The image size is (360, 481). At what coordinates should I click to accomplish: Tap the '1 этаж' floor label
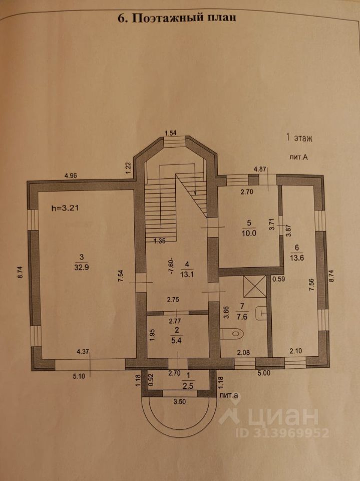(298, 137)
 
